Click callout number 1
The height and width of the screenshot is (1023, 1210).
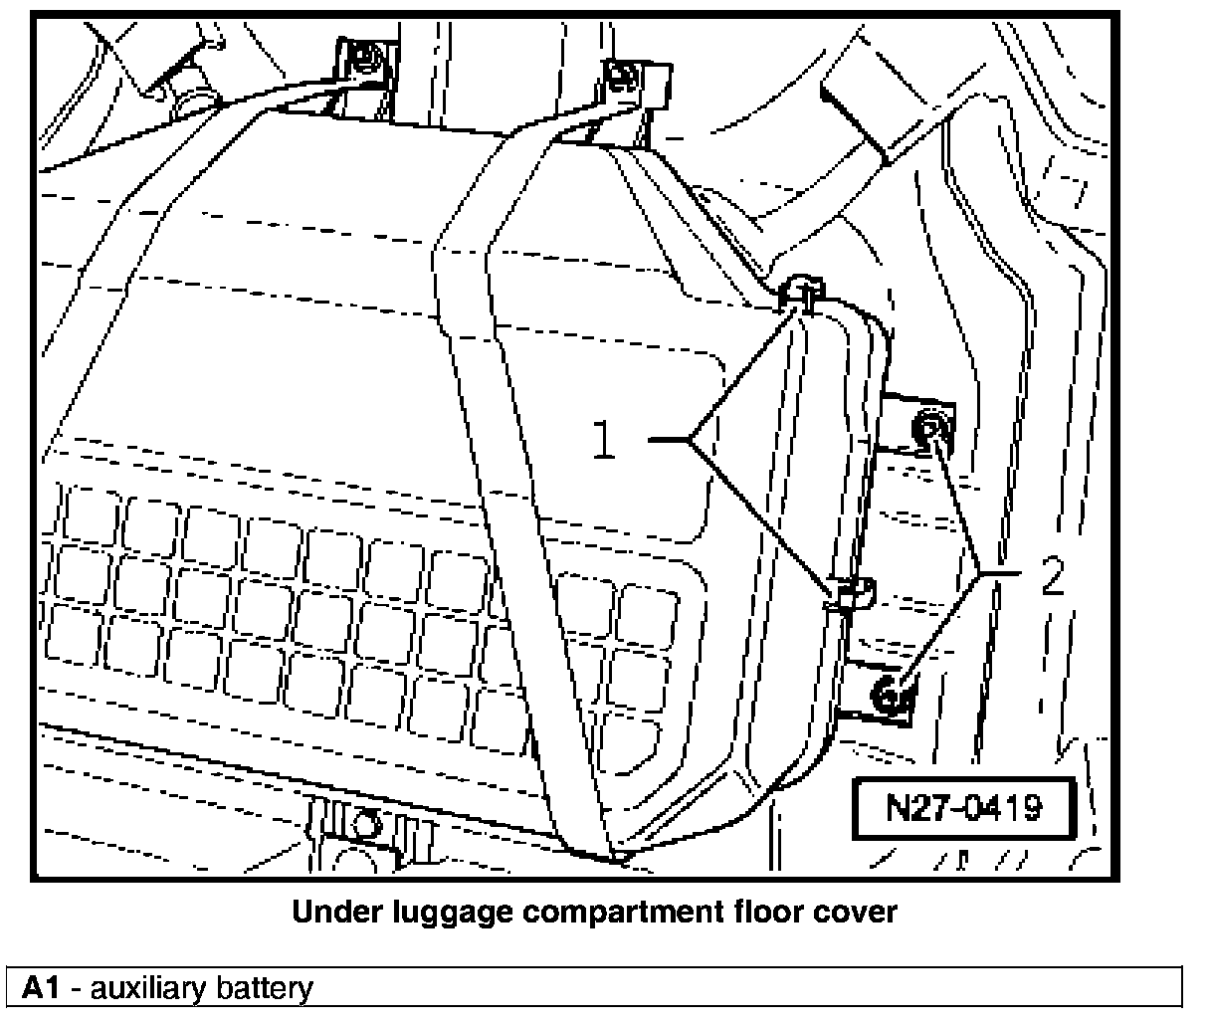[604, 439]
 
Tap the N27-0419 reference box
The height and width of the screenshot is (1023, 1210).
[963, 806]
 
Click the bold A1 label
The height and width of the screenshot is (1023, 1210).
[42, 988]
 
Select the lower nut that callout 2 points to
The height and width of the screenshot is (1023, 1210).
[892, 694]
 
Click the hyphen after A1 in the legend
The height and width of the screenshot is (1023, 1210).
[75, 989]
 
